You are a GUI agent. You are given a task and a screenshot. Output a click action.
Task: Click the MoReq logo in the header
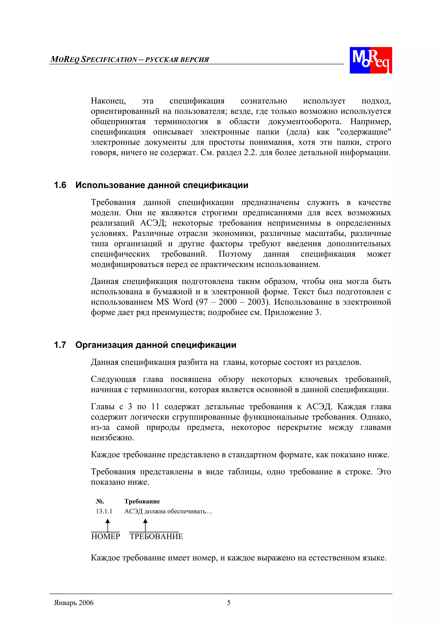coord(370,60)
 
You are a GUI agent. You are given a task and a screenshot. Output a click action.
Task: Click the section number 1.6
coord(60,185)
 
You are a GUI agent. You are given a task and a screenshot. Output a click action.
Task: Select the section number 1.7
coord(60,345)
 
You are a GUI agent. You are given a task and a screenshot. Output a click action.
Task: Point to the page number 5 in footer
coord(229,603)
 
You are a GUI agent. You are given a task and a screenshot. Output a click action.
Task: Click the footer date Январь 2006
coord(74,603)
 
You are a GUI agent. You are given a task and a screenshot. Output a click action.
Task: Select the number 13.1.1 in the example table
coord(104,511)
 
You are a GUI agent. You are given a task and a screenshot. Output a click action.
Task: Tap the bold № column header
coord(100,501)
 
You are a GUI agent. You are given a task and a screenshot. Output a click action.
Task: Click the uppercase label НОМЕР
coord(106,536)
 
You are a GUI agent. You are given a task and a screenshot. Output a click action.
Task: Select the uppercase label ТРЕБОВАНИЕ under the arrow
coord(156,536)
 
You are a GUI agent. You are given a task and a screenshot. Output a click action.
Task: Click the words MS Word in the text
coord(174,302)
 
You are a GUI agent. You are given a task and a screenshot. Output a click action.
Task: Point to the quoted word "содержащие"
coord(364,132)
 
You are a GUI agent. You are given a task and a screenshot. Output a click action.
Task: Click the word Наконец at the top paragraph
coord(108,101)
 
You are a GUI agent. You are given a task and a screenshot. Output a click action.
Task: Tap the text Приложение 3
coord(292,312)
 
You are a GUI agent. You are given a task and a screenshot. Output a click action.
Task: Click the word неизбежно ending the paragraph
coord(112,438)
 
